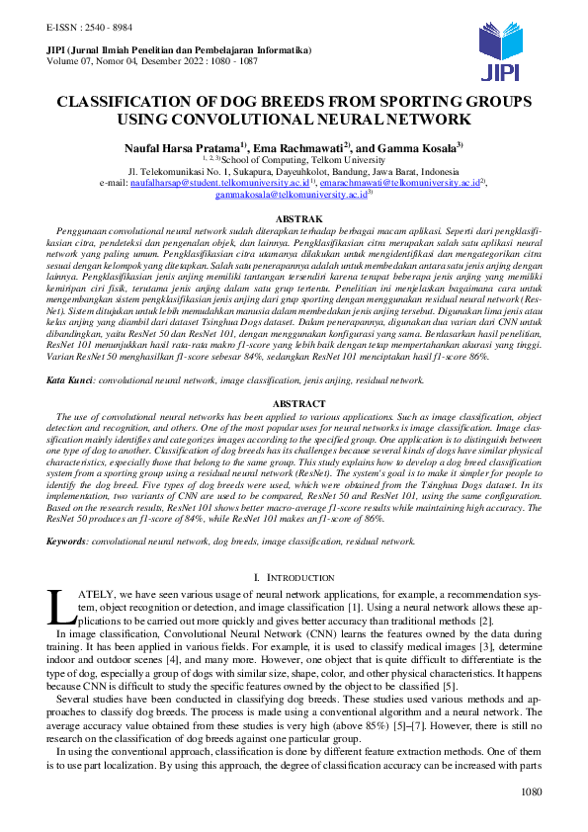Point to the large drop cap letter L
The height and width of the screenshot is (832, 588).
58,606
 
